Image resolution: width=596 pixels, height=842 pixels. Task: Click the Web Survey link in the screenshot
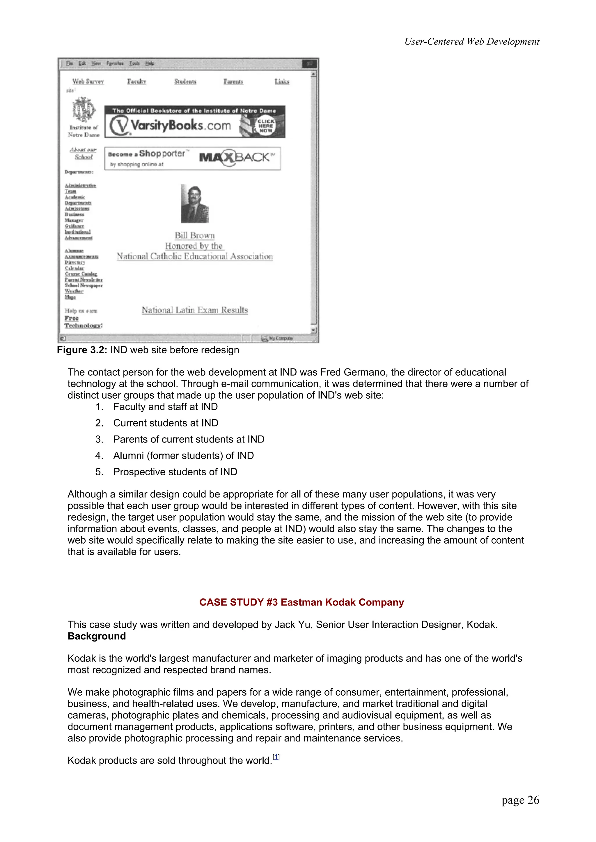pos(88,81)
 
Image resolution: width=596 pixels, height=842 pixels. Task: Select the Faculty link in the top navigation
pos(136,81)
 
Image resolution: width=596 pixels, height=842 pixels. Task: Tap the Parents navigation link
pos(234,81)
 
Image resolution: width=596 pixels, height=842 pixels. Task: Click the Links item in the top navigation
pos(282,81)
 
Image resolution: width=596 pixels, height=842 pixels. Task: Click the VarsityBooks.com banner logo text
pos(180,126)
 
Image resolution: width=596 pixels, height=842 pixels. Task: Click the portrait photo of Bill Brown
pos(195,204)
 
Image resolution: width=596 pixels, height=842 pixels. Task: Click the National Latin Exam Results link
pos(195,310)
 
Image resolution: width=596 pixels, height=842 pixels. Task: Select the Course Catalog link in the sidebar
pos(81,274)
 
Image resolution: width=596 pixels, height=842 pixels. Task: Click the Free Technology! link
pos(83,322)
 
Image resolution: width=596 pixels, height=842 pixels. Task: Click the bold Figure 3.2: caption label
pos(82,350)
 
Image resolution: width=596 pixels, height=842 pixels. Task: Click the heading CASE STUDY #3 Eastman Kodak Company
pos(301,602)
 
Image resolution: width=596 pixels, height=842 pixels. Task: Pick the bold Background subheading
pos(97,636)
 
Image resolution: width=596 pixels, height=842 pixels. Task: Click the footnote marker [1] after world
pos(276,757)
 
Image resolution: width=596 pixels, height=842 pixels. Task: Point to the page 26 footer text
pos(520,800)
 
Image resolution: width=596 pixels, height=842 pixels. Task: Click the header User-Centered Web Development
pos(472,42)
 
